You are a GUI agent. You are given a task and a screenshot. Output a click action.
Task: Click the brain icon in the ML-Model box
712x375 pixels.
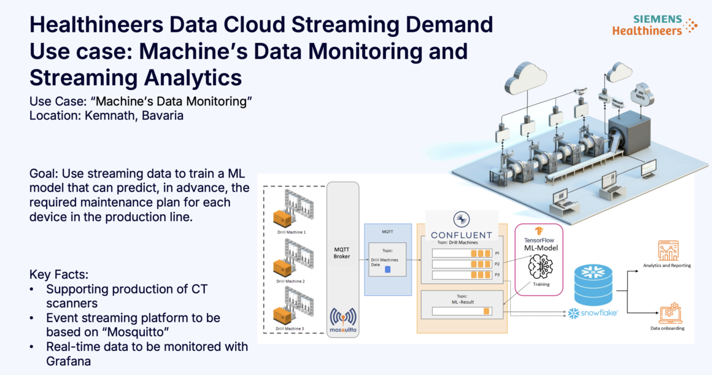(x=540, y=265)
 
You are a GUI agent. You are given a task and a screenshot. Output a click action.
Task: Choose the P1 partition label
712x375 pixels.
(x=497, y=253)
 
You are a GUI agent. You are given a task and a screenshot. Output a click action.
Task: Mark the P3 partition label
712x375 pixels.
(x=497, y=274)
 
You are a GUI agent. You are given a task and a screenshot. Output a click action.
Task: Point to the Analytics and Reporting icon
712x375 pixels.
(x=667, y=250)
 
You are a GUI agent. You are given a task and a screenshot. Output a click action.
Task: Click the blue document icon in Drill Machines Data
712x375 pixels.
(x=387, y=269)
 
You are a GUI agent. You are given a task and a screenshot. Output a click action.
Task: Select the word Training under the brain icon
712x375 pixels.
(x=540, y=285)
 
